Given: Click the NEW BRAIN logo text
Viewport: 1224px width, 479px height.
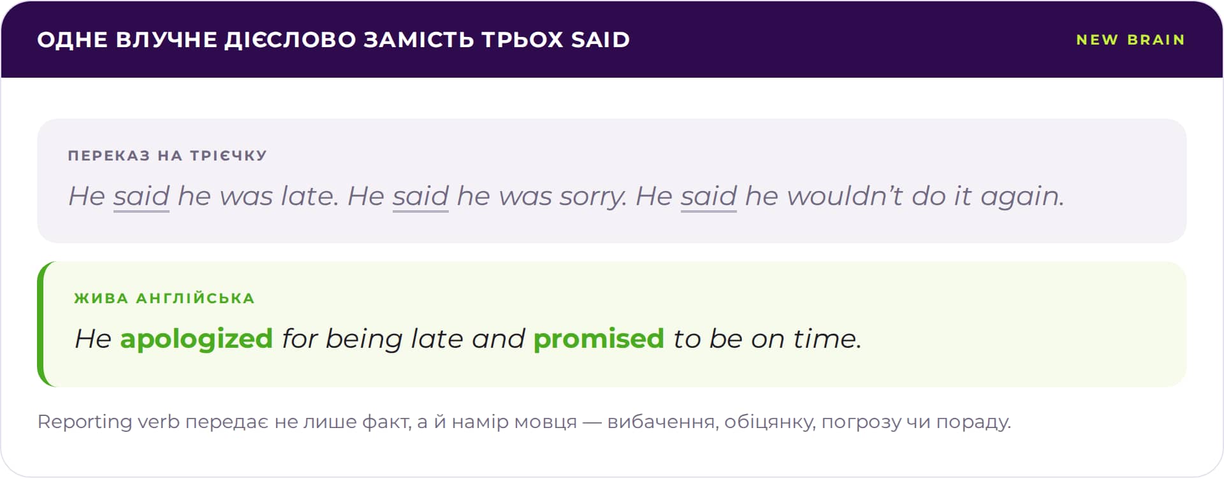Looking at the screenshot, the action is click(1130, 39).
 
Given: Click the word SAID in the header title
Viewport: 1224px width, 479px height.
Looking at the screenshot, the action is click(601, 39).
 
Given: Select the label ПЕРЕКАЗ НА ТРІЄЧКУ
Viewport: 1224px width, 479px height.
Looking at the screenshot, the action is click(168, 155).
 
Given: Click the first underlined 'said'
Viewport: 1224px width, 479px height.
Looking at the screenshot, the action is click(142, 196).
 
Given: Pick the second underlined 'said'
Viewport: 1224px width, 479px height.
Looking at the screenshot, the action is click(421, 196).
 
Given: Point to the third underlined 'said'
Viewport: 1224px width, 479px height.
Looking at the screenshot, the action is click(709, 196).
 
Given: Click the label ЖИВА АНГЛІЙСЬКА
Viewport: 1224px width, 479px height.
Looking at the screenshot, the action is click(164, 298).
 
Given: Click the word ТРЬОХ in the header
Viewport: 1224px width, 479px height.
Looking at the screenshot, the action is click(523, 39).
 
